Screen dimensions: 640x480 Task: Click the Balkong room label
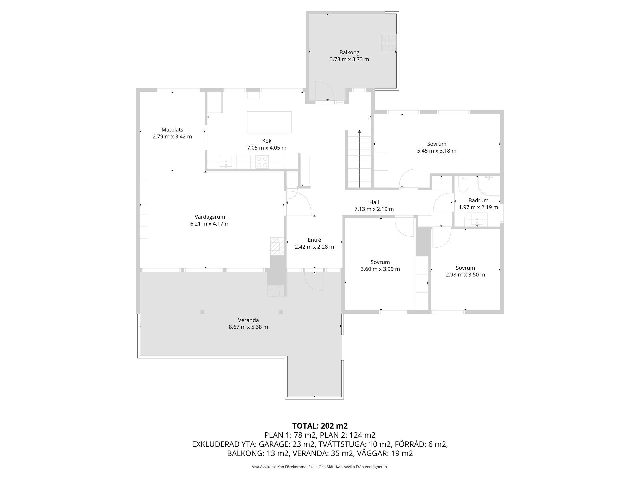(349, 52)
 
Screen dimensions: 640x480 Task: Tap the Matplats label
(172, 130)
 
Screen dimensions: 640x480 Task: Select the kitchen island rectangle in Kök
(269, 122)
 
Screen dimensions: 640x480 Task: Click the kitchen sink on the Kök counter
(226, 161)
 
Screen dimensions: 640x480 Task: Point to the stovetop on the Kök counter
(262, 162)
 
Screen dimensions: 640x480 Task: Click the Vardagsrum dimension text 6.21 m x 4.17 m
(210, 224)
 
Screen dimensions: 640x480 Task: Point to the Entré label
(314, 240)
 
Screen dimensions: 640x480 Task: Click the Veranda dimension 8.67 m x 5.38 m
(248, 327)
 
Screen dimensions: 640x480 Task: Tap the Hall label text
(374, 202)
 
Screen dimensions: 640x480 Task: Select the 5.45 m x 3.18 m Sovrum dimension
(437, 151)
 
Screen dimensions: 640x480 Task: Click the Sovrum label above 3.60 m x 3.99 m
(380, 262)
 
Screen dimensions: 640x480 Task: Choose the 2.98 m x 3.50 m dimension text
(465, 275)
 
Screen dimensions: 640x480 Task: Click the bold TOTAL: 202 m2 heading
(320, 426)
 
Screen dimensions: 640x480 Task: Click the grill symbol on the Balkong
(389, 43)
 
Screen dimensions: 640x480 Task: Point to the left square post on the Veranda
(202, 312)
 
